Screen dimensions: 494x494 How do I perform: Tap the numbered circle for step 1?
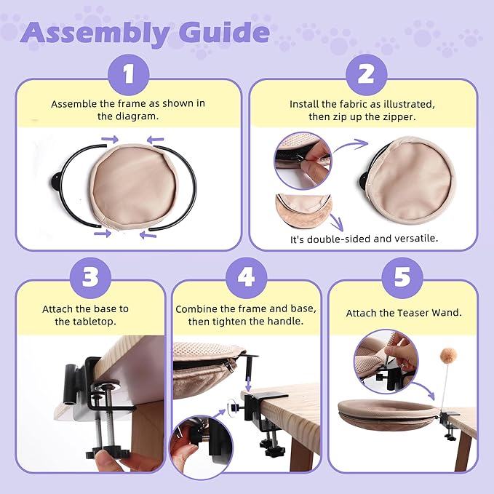[x=129, y=75]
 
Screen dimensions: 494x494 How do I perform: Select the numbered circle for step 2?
[x=366, y=75]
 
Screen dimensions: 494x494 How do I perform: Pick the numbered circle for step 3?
[x=90, y=278]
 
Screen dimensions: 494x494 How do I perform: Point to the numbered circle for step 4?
[x=247, y=278]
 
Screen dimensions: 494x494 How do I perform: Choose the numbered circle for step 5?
[x=402, y=278]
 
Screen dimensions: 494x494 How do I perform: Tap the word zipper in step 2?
[x=399, y=117]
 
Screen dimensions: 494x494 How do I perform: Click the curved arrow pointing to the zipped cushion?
[x=351, y=146]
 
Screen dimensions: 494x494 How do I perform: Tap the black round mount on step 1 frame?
[x=55, y=182]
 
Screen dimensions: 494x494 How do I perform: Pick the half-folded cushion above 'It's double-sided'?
[x=303, y=210]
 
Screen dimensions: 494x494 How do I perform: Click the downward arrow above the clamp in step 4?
[x=249, y=382]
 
